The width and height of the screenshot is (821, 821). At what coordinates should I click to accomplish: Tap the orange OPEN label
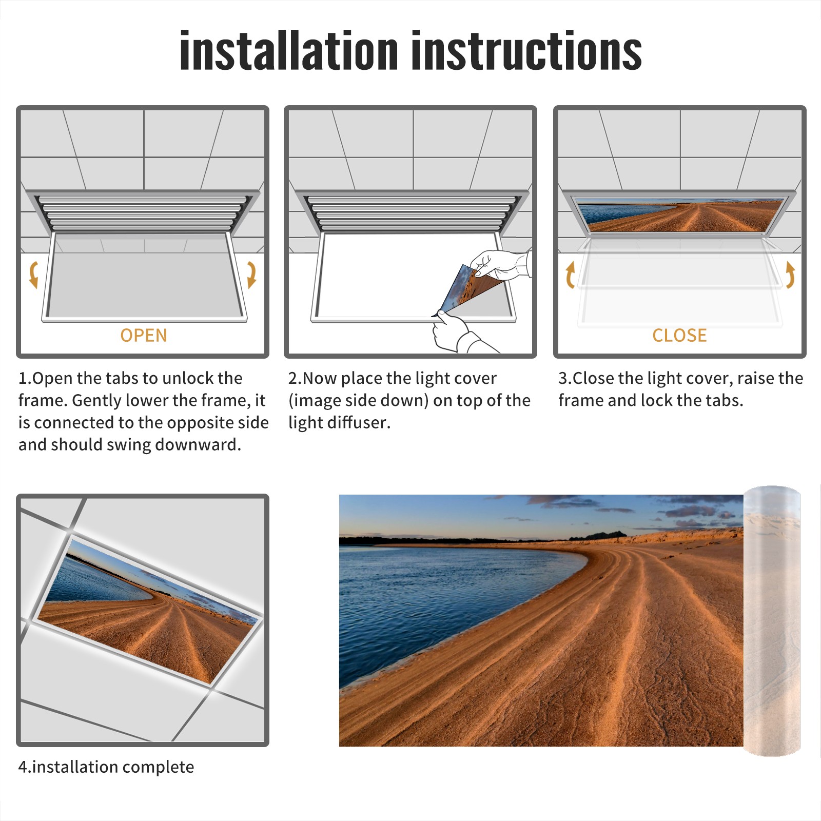(x=144, y=335)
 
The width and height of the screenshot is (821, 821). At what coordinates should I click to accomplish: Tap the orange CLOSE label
(x=679, y=335)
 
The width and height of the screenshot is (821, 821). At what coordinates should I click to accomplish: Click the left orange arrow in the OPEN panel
(x=34, y=275)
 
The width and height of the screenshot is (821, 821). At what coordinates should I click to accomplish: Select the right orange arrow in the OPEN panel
(x=251, y=275)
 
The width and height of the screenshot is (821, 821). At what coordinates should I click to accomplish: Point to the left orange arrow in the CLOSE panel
(x=570, y=275)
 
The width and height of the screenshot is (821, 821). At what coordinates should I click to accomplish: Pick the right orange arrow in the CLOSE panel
(x=790, y=275)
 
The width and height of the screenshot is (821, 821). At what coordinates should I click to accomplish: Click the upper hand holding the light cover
(x=500, y=264)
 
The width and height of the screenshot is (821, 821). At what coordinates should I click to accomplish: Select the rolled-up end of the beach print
(x=772, y=621)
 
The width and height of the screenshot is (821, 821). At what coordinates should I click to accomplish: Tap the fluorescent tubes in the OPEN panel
(x=143, y=213)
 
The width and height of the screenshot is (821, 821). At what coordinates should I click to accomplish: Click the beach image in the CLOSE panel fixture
(x=679, y=216)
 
